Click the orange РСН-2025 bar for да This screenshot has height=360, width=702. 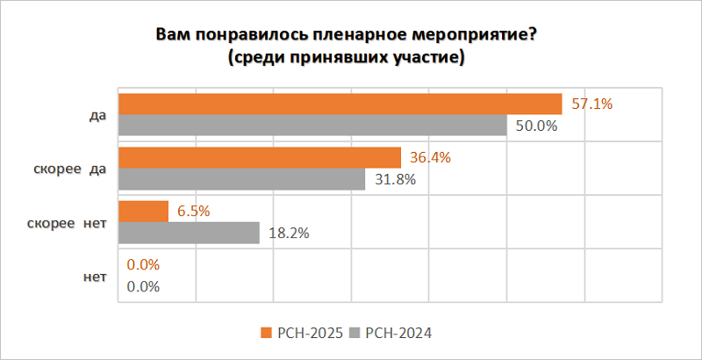click(x=339, y=104)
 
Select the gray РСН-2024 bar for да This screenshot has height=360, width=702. click(x=312, y=126)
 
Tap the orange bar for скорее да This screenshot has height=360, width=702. click(x=259, y=158)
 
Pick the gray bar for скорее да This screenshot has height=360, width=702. click(x=241, y=179)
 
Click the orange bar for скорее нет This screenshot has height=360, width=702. click(x=142, y=212)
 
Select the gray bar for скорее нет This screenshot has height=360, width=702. click(x=189, y=233)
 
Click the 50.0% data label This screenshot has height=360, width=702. click(x=537, y=126)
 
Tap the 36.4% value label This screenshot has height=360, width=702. click(x=430, y=158)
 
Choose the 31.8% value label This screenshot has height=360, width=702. click(x=394, y=179)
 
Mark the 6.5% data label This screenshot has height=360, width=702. click(x=193, y=212)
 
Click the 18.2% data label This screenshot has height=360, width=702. click(x=289, y=233)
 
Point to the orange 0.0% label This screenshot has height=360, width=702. click(x=144, y=265)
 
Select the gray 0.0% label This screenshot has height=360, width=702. click(x=144, y=286)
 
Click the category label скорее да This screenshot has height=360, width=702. click(x=62, y=169)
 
